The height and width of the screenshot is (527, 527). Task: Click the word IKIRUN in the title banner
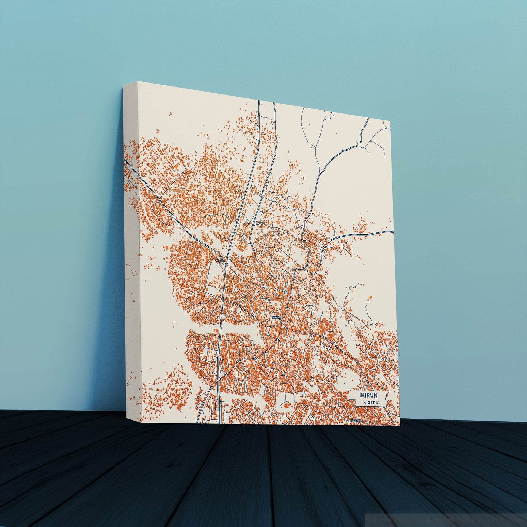[368, 395]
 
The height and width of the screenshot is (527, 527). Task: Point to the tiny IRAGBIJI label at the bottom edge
[356, 421]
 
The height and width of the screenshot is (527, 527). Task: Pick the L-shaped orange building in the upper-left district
[178, 166]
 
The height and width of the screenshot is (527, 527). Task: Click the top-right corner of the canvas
[390, 120]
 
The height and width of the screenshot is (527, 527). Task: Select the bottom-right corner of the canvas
[400, 425]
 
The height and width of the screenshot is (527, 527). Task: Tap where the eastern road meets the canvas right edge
[393, 231]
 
